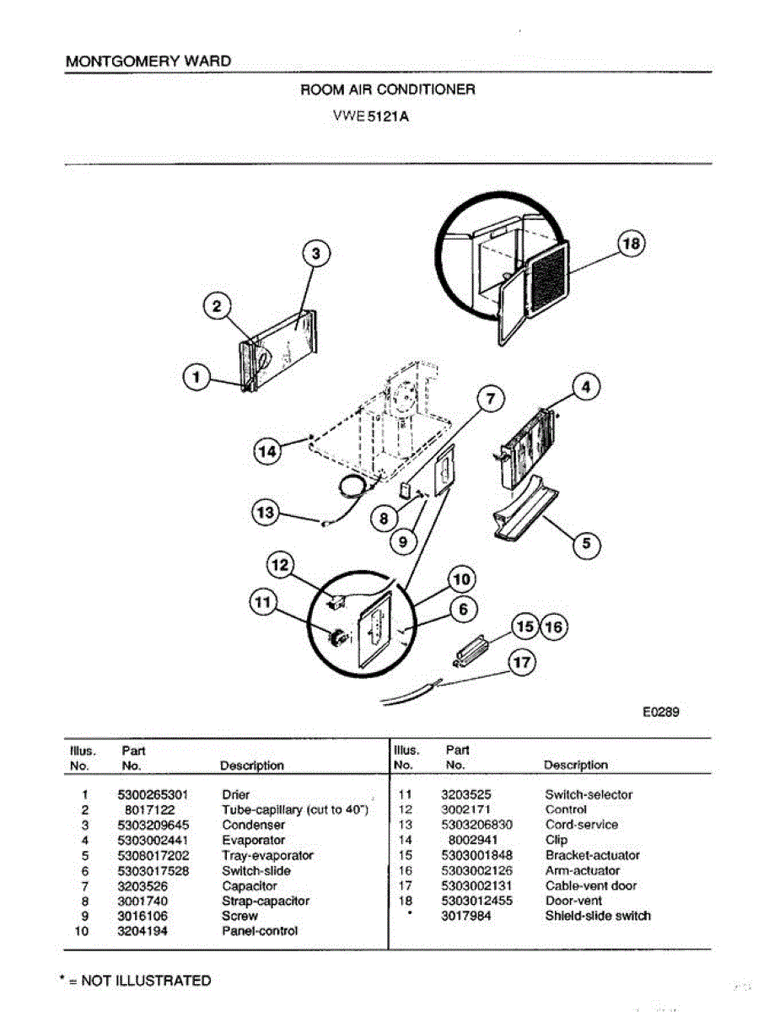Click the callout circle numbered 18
click(x=632, y=244)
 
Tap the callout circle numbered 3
click(x=315, y=253)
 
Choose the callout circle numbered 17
click(x=523, y=663)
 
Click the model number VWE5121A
click(x=371, y=116)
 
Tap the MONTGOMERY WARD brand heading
click(x=148, y=62)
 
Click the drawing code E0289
click(x=661, y=712)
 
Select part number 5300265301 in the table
click(x=153, y=794)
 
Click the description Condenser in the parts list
click(x=253, y=825)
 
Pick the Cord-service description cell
click(x=581, y=825)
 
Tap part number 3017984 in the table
click(x=466, y=916)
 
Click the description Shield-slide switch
click(x=598, y=916)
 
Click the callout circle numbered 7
click(x=492, y=398)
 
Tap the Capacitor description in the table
click(x=249, y=885)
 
